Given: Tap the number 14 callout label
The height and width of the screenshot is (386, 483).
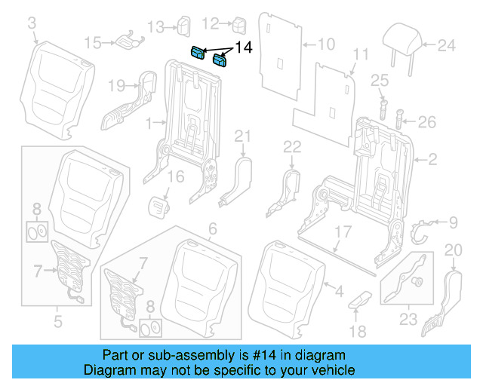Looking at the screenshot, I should coord(245,48).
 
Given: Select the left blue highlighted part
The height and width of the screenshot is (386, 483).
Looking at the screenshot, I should coord(197,52).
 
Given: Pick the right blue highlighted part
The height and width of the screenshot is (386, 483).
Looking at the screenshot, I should coord(223,60).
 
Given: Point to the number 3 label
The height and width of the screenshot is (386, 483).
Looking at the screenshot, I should coord(32,25).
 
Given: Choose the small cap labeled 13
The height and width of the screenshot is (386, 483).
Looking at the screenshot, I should coord(183,26).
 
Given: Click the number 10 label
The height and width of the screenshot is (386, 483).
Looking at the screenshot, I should coord(325,44).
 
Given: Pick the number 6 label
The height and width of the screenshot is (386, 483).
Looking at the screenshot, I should coord(212,228).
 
